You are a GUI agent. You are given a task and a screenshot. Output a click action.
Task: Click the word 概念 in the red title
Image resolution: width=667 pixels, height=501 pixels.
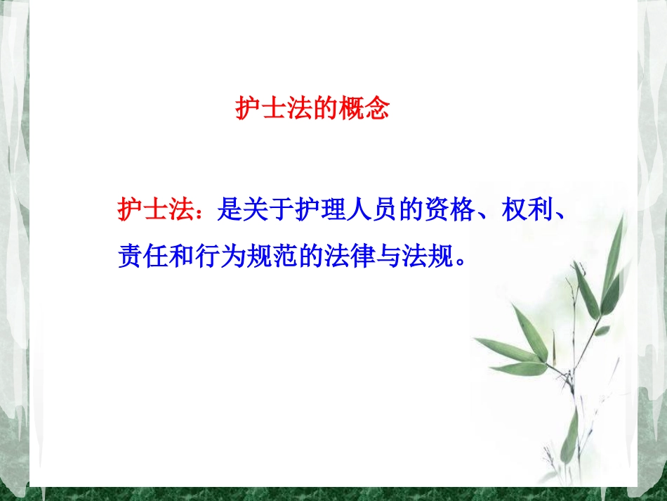(363, 110)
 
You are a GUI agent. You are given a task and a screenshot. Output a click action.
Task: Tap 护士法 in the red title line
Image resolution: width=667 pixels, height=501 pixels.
(273, 110)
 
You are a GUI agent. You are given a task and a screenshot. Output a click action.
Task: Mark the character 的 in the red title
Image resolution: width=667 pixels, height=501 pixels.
(324, 110)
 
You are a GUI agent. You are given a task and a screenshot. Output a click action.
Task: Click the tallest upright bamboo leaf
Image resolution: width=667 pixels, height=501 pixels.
(612, 253)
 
